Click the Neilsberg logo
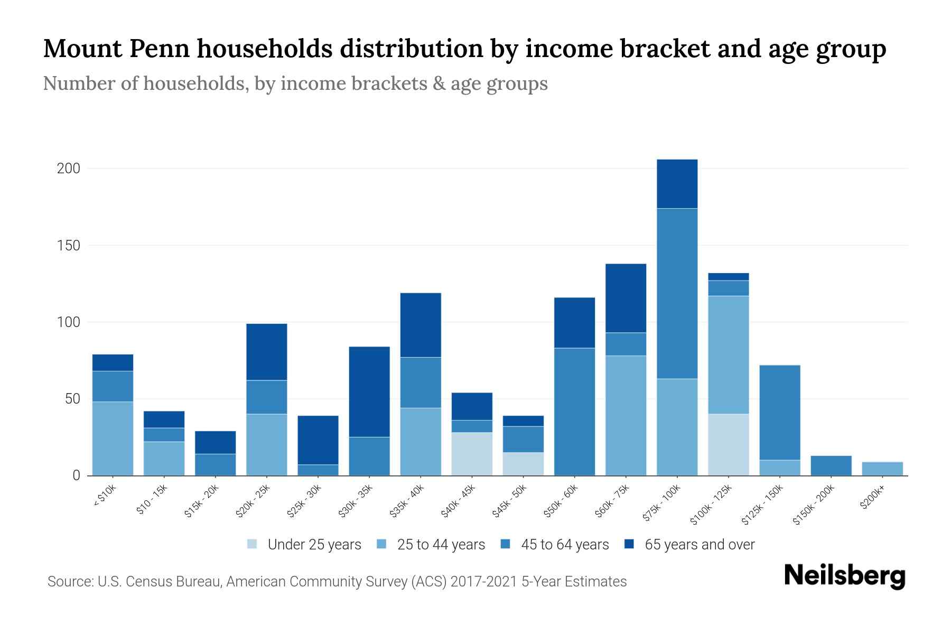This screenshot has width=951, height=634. pyautogui.click(x=844, y=576)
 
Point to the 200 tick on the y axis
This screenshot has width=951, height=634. pyautogui.click(x=68, y=169)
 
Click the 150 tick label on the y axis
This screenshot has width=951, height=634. pyautogui.click(x=68, y=246)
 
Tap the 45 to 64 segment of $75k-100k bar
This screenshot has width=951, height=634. pyautogui.click(x=677, y=293)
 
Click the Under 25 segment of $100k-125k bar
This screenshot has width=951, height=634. pyautogui.click(x=728, y=444)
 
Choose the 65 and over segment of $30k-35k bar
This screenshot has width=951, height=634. pyautogui.click(x=369, y=391)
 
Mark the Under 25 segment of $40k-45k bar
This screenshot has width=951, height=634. pyautogui.click(x=472, y=454)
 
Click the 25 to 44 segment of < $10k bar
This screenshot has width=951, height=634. pyautogui.click(x=113, y=439)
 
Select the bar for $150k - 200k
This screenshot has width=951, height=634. pyautogui.click(x=831, y=465)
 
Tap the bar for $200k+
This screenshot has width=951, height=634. pyautogui.click(x=882, y=469)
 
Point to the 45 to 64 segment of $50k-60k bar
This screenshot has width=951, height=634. pyautogui.click(x=574, y=412)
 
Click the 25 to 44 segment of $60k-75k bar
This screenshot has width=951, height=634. pyautogui.click(x=626, y=415)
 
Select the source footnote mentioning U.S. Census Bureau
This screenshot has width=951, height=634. pyautogui.click(x=337, y=582)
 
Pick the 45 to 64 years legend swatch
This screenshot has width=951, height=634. pyautogui.click(x=506, y=544)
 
